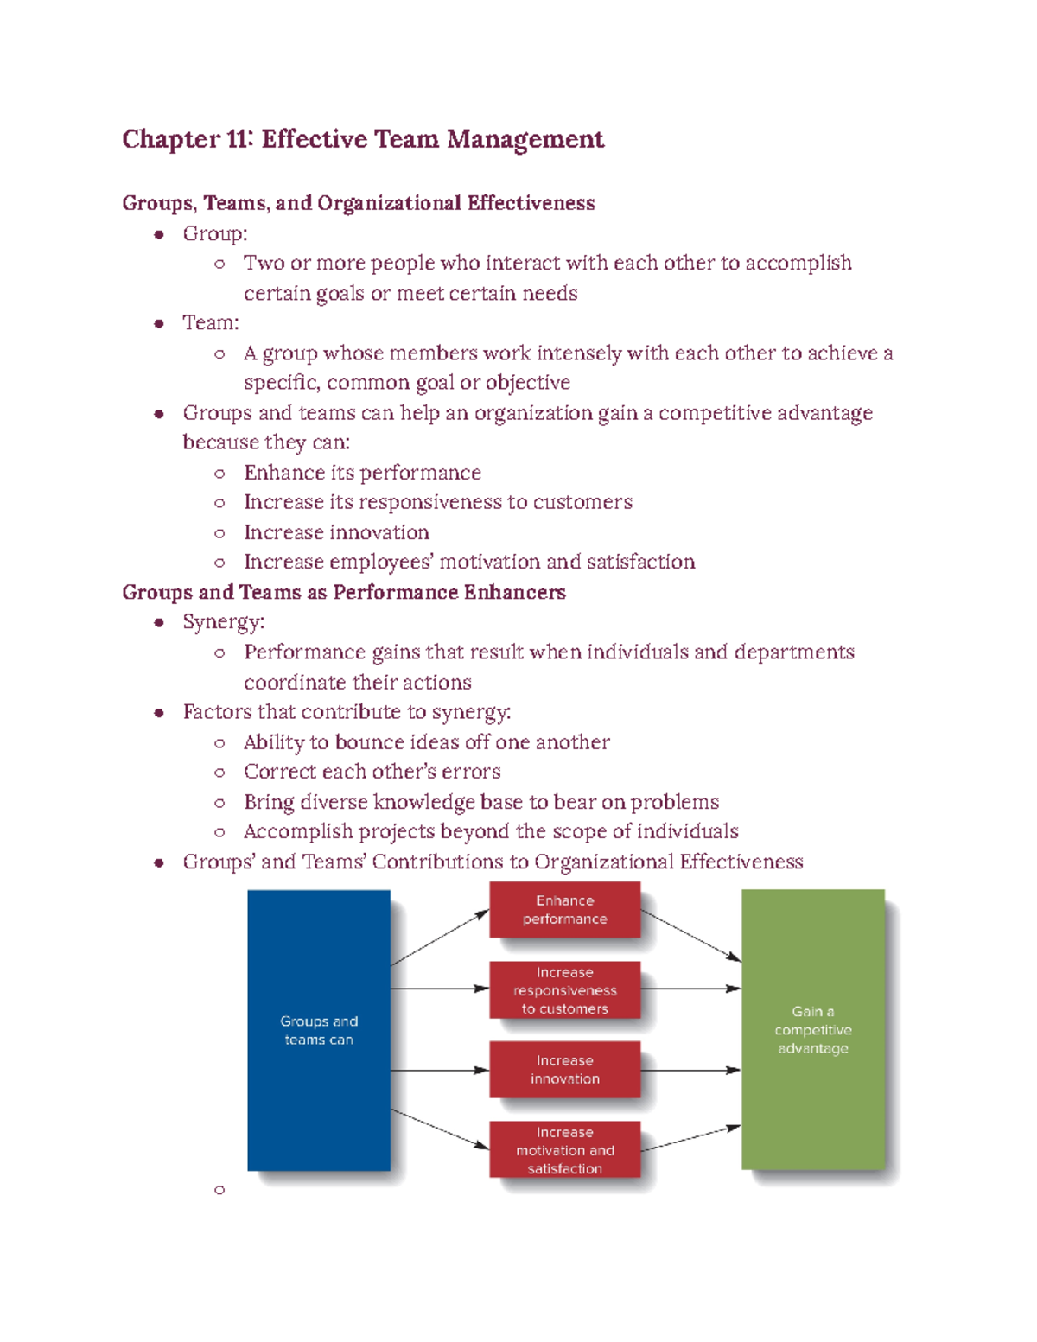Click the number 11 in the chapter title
[x=238, y=139]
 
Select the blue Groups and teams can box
[x=318, y=1030]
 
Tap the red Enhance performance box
[x=564, y=910]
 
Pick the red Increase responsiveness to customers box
[x=564, y=990]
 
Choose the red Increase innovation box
[x=564, y=1070]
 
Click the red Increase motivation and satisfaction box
[x=564, y=1150]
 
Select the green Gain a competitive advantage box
[x=812, y=1029]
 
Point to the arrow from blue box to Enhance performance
[x=440, y=938]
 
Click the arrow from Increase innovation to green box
[x=690, y=1071]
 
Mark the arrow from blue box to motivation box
[x=440, y=1129]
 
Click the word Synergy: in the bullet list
[x=223, y=622]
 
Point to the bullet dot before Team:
[x=159, y=323]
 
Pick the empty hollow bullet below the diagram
[x=219, y=1190]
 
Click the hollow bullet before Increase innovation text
[x=219, y=533]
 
